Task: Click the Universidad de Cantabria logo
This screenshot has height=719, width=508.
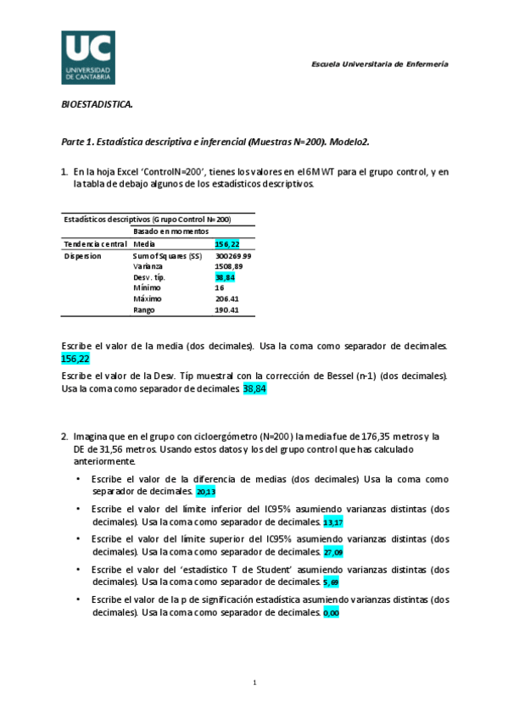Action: coord(88,58)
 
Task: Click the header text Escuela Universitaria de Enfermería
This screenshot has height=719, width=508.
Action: coord(380,64)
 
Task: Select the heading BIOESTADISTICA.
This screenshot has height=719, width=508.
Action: coord(97,105)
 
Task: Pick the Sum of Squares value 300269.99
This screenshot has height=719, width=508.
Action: coord(233,255)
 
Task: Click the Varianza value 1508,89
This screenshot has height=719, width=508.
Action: coord(228,266)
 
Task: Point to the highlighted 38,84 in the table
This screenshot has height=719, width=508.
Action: coord(225,277)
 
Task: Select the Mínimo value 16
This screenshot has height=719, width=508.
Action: coord(220,288)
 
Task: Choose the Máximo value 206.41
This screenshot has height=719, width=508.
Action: coord(227,299)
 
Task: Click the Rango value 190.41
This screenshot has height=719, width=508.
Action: coord(227,310)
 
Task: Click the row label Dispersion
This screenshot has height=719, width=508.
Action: coord(83,255)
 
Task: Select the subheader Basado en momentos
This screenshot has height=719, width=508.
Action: coord(170,231)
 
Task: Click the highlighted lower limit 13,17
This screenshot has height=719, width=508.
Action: coord(333,521)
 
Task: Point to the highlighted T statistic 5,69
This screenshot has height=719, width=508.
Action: coord(332,582)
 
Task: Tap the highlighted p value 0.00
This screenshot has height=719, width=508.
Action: coord(331,613)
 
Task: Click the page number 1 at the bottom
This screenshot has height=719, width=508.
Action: coord(254,683)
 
